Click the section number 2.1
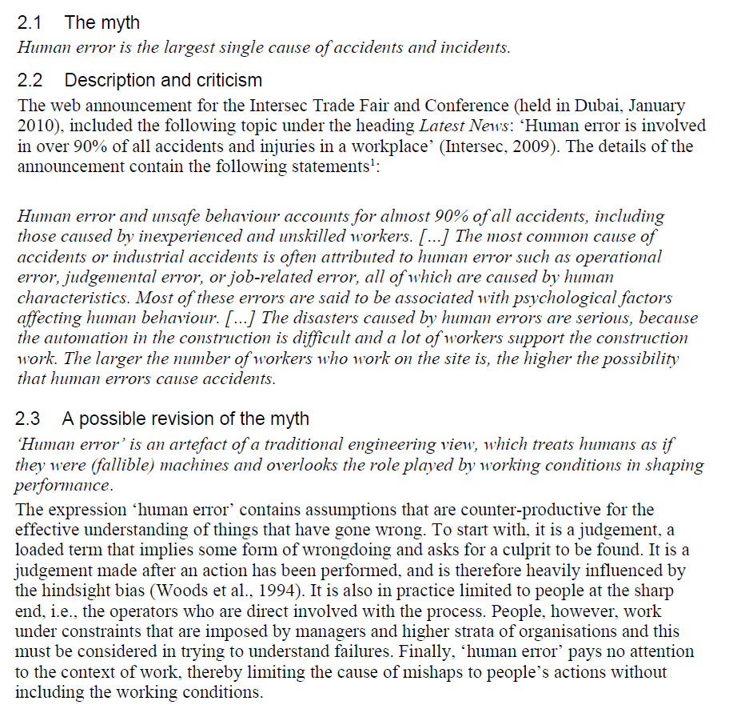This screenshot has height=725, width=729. click(x=30, y=23)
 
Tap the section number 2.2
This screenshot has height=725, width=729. click(x=30, y=81)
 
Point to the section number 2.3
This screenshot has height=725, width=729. click(x=30, y=419)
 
